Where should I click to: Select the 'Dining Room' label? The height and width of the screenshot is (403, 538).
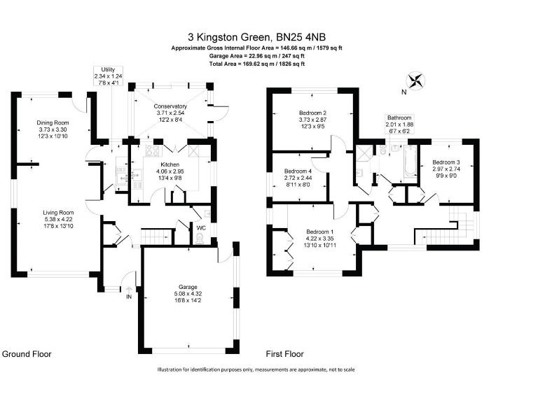coord(53,122)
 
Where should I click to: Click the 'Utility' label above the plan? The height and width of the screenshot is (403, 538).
coord(107,70)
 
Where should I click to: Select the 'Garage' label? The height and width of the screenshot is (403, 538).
coord(187,287)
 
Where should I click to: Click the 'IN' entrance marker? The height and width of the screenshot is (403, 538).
coord(128,297)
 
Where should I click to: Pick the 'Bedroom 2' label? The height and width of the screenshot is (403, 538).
coord(313,113)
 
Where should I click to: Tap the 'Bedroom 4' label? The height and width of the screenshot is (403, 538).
coord(298,171)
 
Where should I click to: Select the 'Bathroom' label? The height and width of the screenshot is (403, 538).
coord(400,118)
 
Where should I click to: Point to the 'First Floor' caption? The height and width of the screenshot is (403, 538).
coord(286,354)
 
